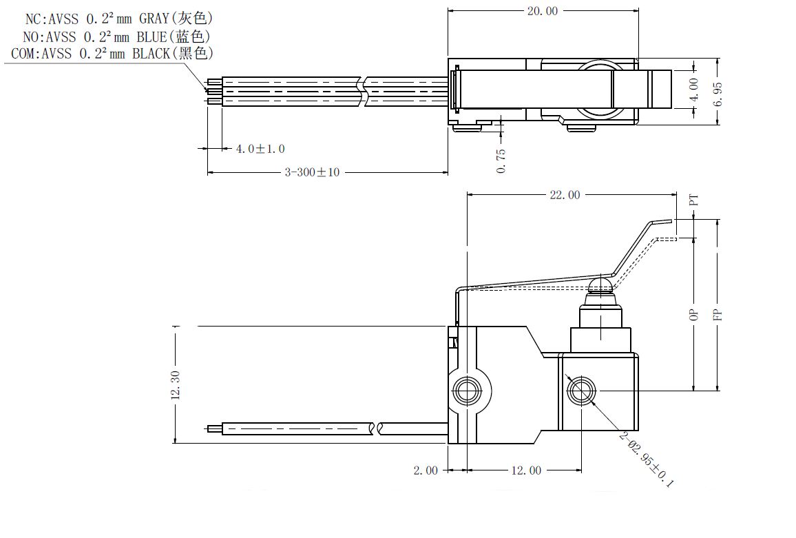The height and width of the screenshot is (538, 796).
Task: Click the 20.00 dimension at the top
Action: tap(542, 10)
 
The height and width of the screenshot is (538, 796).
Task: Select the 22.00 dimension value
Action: tap(565, 194)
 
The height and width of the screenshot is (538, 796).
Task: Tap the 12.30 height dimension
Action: tap(176, 385)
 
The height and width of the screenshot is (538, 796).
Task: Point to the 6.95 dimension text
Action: tap(718, 94)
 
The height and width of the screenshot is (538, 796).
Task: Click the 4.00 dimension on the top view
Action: tap(695, 90)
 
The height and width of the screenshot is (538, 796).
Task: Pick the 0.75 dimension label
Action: tap(501, 161)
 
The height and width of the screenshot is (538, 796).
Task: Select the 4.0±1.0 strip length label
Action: tap(260, 149)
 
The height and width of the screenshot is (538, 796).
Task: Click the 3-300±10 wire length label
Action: tap(312, 172)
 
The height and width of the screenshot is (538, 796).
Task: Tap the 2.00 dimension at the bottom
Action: tap(426, 470)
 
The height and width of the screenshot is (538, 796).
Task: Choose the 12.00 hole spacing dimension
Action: tap(526, 470)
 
